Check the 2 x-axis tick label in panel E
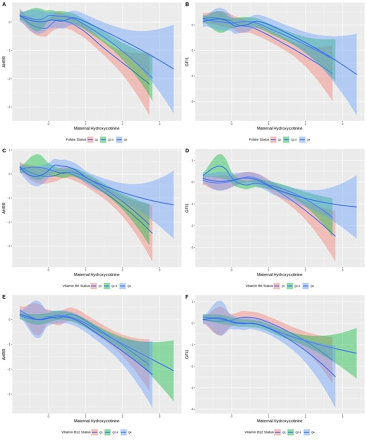(x=122, y=416)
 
